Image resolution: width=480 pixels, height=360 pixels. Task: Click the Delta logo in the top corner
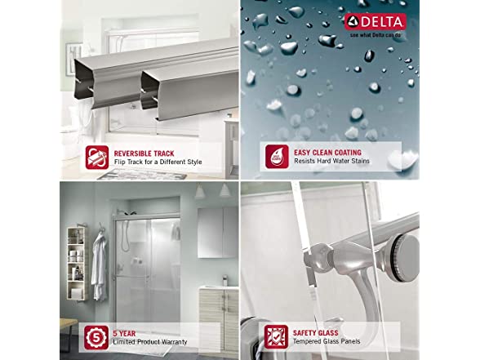pyautogui.click(x=376, y=22)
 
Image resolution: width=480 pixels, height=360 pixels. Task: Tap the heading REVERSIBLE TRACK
pyautogui.click(x=144, y=153)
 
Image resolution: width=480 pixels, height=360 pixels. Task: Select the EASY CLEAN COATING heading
pyautogui.click(x=327, y=153)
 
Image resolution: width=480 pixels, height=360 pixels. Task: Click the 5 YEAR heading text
pyautogui.click(x=124, y=333)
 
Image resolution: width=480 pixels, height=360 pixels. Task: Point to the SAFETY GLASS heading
pyautogui.click(x=316, y=333)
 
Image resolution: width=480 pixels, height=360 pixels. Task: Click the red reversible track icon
pyautogui.click(x=97, y=158)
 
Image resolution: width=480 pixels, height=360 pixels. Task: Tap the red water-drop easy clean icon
pyautogui.click(x=277, y=157)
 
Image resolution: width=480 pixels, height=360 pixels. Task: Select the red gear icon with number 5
pyautogui.click(x=96, y=338)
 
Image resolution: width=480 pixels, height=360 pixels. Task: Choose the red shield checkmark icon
pyautogui.click(x=276, y=336)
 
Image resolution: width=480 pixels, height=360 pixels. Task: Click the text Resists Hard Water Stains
pyautogui.click(x=331, y=161)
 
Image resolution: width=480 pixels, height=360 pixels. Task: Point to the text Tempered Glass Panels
pyautogui.click(x=327, y=341)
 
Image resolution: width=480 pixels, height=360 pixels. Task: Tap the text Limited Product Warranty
pyautogui.click(x=150, y=342)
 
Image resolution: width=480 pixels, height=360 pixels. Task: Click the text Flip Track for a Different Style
pyautogui.click(x=158, y=162)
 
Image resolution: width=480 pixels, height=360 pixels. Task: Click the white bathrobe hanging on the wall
pyautogui.click(x=100, y=266)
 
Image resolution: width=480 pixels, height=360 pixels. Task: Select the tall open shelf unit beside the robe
pyautogui.click(x=76, y=264)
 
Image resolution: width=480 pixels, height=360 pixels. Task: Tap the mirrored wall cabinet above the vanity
pyautogui.click(x=218, y=233)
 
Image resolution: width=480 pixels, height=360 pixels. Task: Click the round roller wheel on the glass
pyautogui.click(x=406, y=256)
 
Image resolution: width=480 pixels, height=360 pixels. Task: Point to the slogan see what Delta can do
pyautogui.click(x=376, y=35)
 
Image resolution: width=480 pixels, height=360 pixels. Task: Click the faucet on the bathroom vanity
pyautogui.click(x=225, y=280)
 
